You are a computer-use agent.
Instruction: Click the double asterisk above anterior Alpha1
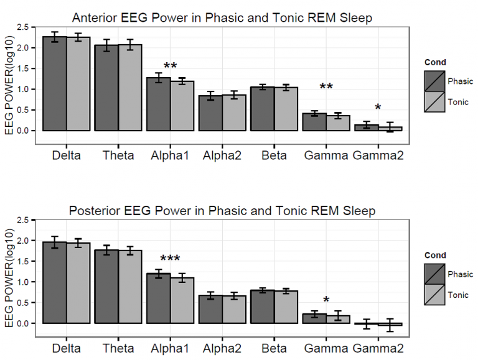pos(171,66)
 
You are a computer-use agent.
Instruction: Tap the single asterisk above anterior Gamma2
pos(377,108)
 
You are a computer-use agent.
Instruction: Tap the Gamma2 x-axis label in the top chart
pos(377,155)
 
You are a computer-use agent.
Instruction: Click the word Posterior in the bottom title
pos(95,211)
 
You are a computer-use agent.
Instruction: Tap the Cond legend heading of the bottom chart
pos(436,255)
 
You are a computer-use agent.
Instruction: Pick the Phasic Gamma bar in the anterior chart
pos(314,122)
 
